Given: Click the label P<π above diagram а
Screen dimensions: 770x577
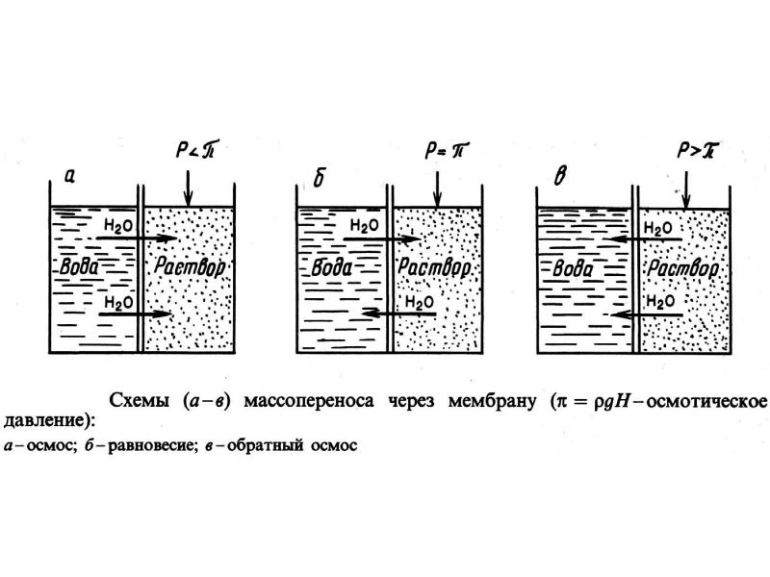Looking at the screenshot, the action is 196,149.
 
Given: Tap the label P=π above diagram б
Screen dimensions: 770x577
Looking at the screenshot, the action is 446,150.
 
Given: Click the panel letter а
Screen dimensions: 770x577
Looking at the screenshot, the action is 69,176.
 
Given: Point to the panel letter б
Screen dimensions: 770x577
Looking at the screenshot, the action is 319,178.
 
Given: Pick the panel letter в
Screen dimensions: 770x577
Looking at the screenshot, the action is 561,177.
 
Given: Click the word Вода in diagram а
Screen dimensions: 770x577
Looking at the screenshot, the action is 79,267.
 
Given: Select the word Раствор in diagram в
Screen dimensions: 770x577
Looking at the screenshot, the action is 683,268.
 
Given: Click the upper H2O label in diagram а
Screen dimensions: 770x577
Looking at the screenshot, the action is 118,225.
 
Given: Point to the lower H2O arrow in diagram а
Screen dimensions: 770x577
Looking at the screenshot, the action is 136,314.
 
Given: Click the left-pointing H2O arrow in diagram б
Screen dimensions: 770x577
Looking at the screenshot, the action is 398,314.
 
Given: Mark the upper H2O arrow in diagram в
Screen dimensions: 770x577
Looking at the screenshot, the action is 642,239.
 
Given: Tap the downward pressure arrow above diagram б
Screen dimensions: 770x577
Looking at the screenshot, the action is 437,188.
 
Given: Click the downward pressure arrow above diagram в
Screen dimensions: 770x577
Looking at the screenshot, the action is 686,189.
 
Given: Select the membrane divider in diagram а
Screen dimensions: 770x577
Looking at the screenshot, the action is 140,268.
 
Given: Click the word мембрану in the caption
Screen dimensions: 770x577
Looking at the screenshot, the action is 492,401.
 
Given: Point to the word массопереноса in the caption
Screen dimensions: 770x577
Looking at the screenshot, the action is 309,401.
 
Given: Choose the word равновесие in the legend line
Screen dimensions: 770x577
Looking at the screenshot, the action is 150,446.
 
